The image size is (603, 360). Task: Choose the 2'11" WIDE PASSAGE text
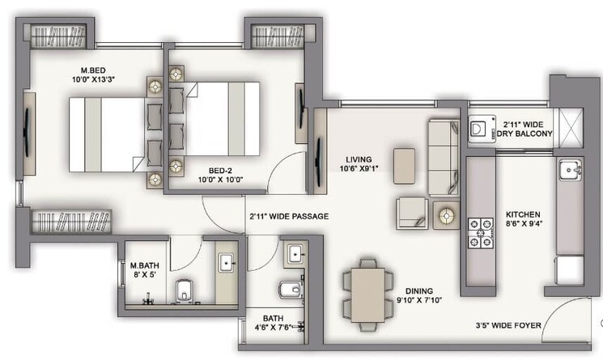pyautogui.click(x=288, y=216)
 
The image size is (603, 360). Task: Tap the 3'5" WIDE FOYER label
pyautogui.click(x=509, y=326)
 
